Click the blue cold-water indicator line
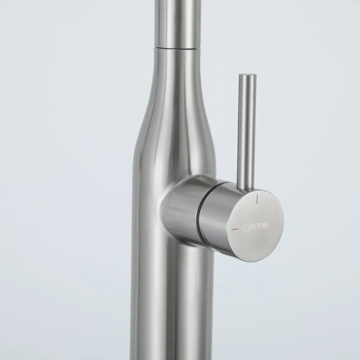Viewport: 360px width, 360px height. point(258,199)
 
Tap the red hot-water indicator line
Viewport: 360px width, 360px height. point(235,229)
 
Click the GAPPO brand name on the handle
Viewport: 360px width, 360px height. point(256,227)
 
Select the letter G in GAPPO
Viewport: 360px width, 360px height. point(246,228)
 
